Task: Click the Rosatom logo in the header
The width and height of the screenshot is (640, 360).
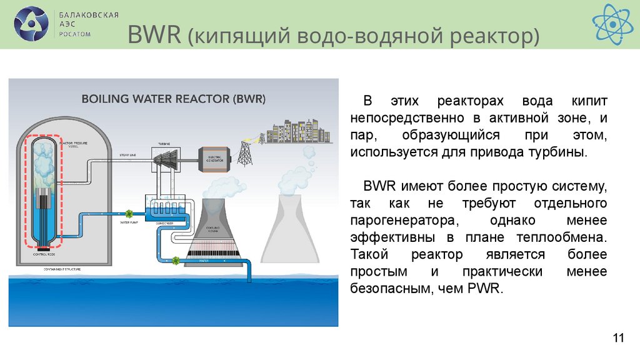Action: point(31,24)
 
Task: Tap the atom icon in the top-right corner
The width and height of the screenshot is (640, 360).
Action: point(612,24)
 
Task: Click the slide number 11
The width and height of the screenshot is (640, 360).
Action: point(618,339)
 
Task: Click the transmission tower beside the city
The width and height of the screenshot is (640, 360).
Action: point(245,151)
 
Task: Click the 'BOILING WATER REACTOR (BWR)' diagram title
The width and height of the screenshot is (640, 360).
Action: point(174,99)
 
